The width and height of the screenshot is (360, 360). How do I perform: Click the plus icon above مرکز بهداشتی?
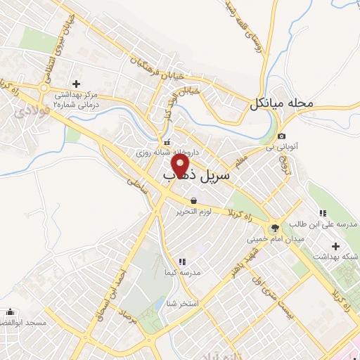[75, 84]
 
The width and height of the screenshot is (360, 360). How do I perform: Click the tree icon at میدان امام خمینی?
[274, 228]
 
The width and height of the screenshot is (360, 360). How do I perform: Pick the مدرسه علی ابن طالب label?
[329, 223]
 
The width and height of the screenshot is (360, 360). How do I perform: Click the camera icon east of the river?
[281, 136]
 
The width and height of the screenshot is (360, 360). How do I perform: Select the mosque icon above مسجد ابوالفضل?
[11, 311]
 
